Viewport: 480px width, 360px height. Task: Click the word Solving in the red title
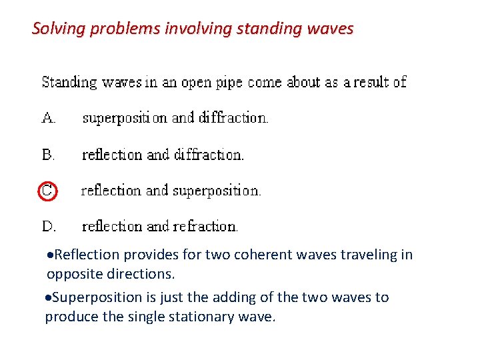pyautogui.click(x=56, y=29)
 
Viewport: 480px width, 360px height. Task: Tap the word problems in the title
pyautogui.click(x=119, y=29)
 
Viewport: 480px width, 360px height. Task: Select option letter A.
pyautogui.click(x=49, y=118)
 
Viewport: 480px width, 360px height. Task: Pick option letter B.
pyautogui.click(x=48, y=155)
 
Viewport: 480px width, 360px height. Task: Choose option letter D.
pyautogui.click(x=49, y=227)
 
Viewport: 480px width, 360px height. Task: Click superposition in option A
pyautogui.click(x=125, y=118)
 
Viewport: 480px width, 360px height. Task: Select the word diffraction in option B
pyautogui.click(x=209, y=155)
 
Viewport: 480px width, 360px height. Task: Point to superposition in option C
pyautogui.click(x=217, y=191)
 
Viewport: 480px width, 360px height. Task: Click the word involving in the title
pyautogui.click(x=192, y=29)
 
